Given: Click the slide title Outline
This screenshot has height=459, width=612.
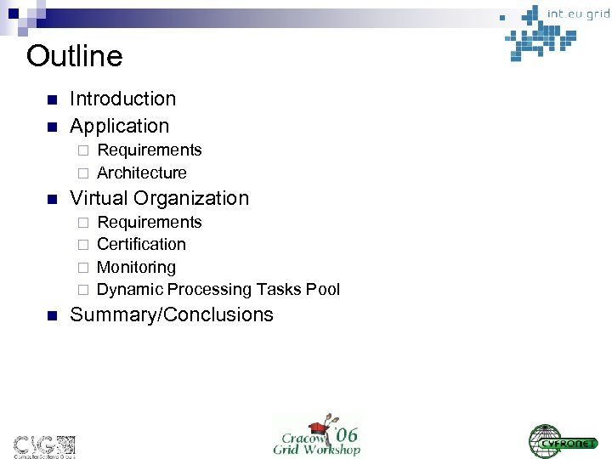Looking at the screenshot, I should point(75,57).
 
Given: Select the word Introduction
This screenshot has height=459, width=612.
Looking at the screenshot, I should point(122,99).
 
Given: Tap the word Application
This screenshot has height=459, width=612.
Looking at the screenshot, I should point(119,126).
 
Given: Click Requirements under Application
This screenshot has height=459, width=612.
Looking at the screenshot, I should point(150,150).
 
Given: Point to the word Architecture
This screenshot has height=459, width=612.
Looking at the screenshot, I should point(142,173).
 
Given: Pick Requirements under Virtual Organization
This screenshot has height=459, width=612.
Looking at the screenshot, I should point(150,222).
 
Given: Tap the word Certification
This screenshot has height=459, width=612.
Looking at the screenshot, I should point(141,244).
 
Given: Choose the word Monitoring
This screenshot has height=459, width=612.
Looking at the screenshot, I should point(136,267).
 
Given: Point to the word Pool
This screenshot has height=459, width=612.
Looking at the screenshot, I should point(323,290).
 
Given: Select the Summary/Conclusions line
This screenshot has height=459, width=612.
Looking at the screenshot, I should point(172,314).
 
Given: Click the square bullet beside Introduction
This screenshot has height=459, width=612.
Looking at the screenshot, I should point(51,99).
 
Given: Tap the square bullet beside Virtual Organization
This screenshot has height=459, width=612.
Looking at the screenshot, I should point(51,200).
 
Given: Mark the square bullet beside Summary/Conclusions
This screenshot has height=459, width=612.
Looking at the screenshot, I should point(51,315).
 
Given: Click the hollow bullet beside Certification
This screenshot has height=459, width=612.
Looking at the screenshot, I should point(83,245).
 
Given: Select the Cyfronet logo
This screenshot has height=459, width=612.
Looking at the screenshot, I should point(563,439).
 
